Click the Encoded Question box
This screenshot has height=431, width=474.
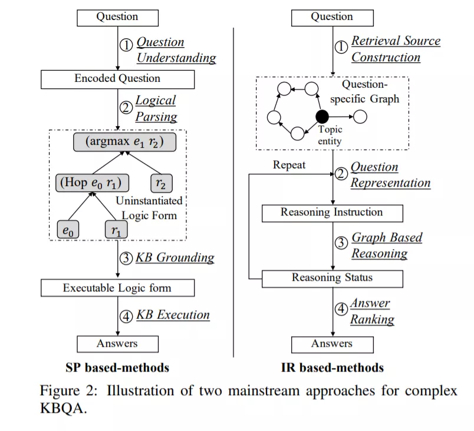click(117, 79)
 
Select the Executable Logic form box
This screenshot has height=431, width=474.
click(117, 288)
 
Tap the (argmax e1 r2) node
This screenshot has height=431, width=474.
click(124, 142)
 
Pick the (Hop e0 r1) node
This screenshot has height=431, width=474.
click(92, 183)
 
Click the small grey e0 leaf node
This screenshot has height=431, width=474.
click(68, 230)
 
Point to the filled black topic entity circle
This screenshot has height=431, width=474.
click(322, 117)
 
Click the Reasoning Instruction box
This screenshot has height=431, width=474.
click(333, 213)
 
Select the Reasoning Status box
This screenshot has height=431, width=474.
click(333, 279)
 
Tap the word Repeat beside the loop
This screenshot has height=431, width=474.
click(289, 165)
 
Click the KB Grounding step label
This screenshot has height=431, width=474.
click(175, 257)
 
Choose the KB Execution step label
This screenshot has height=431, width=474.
click(173, 315)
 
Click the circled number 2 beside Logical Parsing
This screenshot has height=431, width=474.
click(126, 107)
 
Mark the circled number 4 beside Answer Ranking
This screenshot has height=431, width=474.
click(341, 309)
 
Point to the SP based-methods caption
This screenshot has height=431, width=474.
click(117, 367)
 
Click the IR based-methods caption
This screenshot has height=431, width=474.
click(333, 367)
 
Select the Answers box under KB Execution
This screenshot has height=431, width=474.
click(117, 344)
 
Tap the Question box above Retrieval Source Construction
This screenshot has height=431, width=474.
click(333, 18)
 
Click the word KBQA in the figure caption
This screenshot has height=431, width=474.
click(63, 409)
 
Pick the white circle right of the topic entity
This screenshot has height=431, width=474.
click(360, 117)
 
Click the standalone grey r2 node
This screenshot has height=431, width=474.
click(162, 183)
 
